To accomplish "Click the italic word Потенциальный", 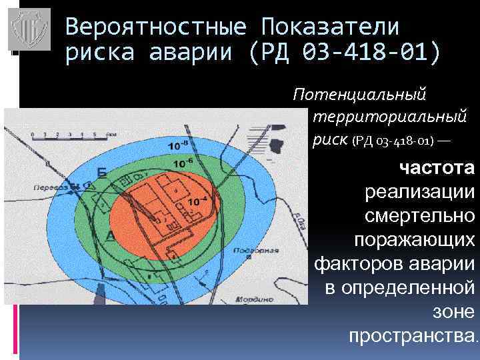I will click(x=359, y=95).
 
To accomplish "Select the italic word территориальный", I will click(x=389, y=117).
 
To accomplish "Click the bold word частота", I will click(x=437, y=167).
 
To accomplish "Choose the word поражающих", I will click(x=415, y=239).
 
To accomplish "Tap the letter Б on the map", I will click(x=101, y=173).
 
